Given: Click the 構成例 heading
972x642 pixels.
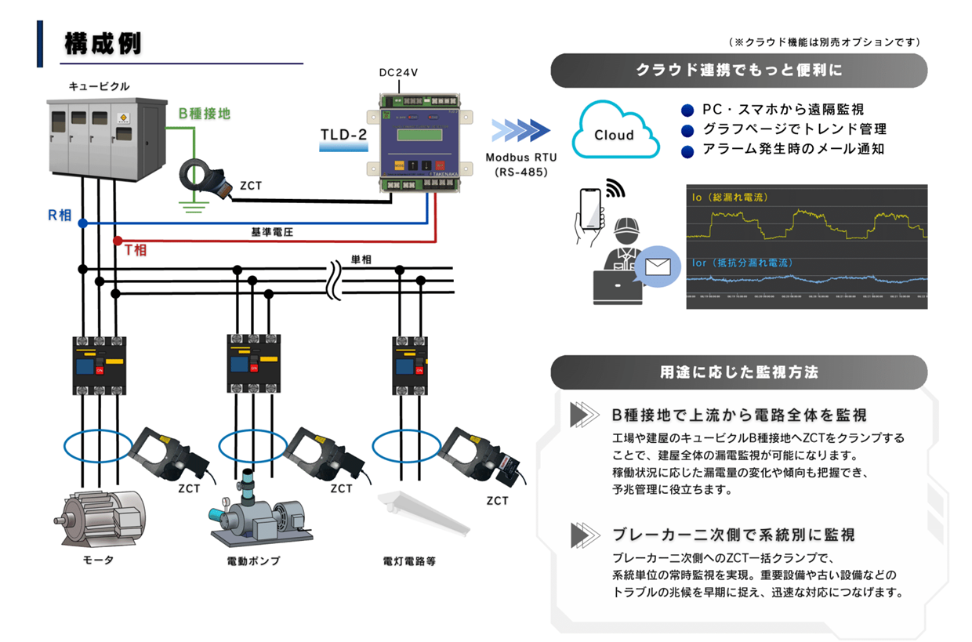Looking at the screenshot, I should coord(103,44).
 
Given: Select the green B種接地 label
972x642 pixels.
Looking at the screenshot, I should coord(205,114).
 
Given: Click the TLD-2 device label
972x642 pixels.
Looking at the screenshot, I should coord(344,135).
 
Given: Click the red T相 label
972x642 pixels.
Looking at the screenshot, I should coord(136,251).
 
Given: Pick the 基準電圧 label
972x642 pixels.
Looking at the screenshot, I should coord(272,233).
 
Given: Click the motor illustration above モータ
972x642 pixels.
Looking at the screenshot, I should coord(99,517).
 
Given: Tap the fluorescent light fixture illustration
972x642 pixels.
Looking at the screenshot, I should coord(423,513).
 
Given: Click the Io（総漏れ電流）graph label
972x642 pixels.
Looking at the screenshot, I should coord(728,197).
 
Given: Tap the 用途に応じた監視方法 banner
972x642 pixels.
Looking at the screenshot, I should coord(738,372).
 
